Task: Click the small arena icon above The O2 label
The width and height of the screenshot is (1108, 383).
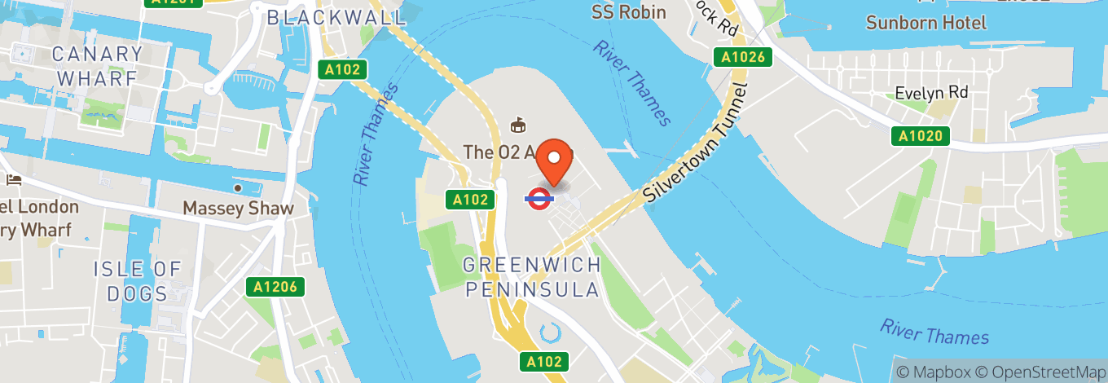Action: pyautogui.click(x=517, y=125)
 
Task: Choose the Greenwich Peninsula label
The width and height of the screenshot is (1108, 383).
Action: pyautogui.click(x=532, y=277)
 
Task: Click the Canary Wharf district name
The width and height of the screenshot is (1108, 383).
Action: pyautogui.click(x=96, y=67)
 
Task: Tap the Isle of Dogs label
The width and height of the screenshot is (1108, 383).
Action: pyautogui.click(x=136, y=280)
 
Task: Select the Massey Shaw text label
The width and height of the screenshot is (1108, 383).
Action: pyautogui.click(x=238, y=209)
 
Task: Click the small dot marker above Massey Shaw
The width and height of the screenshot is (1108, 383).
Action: pyautogui.click(x=238, y=188)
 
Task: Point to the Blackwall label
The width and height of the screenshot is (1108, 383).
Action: pyautogui.click(x=336, y=16)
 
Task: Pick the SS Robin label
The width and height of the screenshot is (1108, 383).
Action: pyautogui.click(x=628, y=11)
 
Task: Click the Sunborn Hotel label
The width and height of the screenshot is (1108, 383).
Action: pyautogui.click(x=926, y=22)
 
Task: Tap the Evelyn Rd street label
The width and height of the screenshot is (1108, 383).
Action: pyautogui.click(x=931, y=92)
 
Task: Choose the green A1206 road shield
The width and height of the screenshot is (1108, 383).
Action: pyautogui.click(x=275, y=287)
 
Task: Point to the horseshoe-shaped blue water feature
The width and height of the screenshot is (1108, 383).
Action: pyautogui.click(x=551, y=332)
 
